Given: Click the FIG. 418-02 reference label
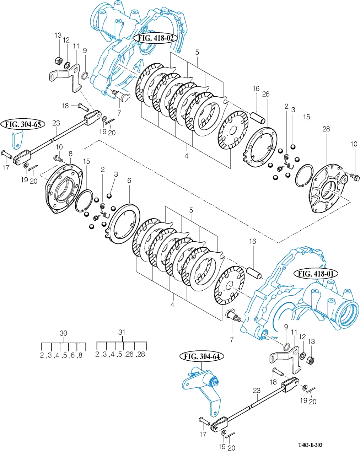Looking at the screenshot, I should click(155, 38).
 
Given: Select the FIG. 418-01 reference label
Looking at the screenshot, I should click(316, 274).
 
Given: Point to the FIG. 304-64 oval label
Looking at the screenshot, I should click(201, 356).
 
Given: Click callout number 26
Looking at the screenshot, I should click(266, 94).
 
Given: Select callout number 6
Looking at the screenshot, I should click(129, 181).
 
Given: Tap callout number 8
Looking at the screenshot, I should click(70, 154).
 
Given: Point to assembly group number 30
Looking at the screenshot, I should click(63, 333).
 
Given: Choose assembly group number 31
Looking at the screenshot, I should click(122, 332).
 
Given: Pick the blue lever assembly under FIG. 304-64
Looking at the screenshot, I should click(203, 389).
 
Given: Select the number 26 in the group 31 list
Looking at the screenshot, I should click(130, 355).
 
